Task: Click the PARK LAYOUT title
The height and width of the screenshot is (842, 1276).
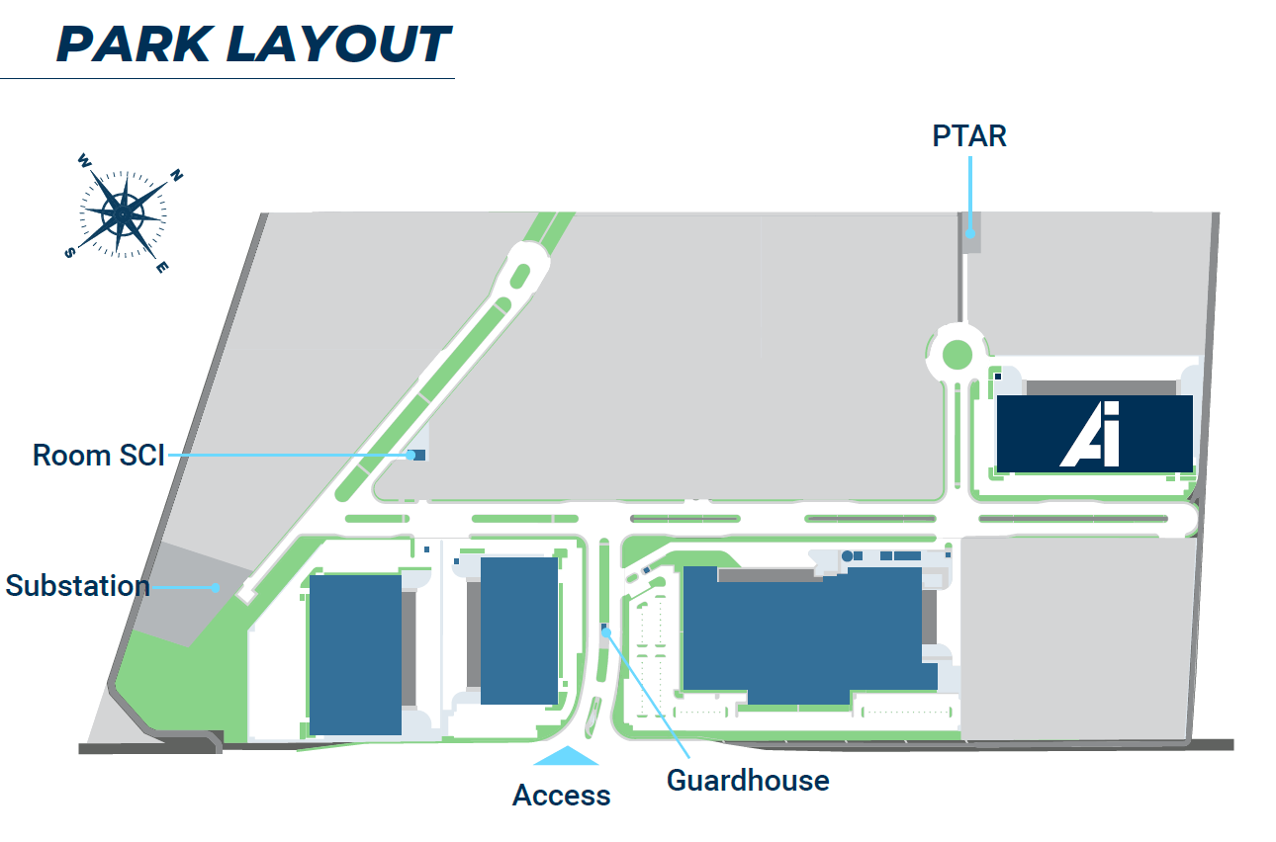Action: coord(254,44)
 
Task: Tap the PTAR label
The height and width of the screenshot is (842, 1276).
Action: coord(968,135)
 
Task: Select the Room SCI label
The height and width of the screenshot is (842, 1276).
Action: coord(99,456)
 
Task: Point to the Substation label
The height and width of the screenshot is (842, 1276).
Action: coord(77,586)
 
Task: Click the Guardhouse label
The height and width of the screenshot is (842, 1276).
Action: coord(748,781)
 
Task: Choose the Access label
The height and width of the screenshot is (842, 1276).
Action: coord(561,795)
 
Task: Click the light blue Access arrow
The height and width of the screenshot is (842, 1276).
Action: coord(566,756)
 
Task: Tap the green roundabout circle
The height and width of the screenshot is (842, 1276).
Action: coord(957,353)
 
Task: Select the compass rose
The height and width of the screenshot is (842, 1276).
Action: coord(123,212)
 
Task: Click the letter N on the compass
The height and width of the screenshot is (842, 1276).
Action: coord(177,176)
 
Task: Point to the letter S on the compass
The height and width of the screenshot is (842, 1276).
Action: coord(69,252)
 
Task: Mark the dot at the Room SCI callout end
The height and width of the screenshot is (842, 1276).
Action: coord(410,455)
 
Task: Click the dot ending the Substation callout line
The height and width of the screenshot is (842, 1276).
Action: coord(217,587)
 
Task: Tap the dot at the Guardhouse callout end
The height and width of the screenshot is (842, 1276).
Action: coord(605,631)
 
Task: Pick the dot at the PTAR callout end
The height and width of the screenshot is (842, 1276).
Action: coord(970,234)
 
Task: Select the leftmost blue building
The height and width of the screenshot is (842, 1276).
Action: coord(355,654)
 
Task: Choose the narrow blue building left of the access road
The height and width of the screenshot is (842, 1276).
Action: coord(519,630)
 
